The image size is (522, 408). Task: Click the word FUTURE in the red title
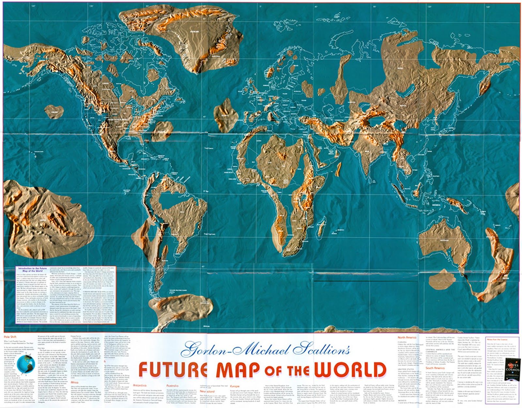coord(173,370)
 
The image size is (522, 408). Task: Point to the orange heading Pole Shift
coord(10,337)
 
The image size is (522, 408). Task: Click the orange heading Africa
coord(74,382)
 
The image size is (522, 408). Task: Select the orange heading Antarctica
coord(140,386)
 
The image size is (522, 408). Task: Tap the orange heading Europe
coord(235,386)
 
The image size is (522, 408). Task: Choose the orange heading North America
coord(407,337)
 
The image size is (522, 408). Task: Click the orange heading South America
coord(435,368)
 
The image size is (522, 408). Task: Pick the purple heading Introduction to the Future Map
coord(32,269)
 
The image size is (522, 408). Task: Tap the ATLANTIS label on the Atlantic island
coord(225,115)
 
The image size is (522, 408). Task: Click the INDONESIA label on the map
coord(436,205)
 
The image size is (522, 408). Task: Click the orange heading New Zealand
coord(207,391)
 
